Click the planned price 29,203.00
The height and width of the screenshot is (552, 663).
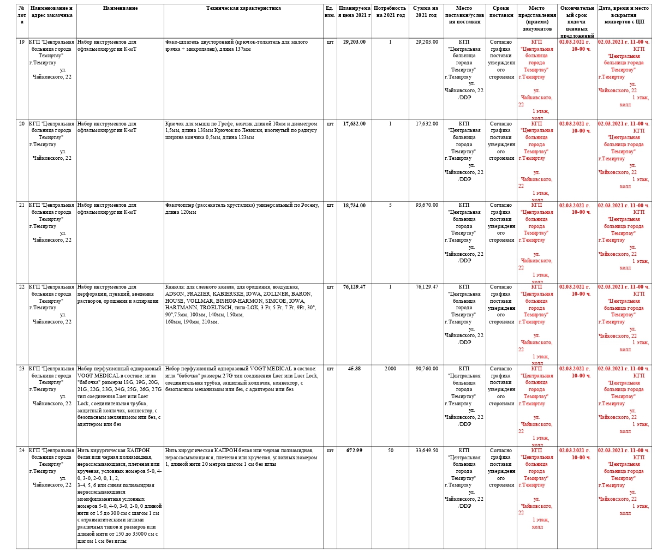coord(354,42)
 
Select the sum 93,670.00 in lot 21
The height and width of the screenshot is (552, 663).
coord(426,206)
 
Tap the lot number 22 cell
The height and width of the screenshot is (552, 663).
coord(21,287)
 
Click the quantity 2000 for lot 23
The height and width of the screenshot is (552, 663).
coord(390,369)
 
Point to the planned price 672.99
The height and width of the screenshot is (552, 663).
coord(354,451)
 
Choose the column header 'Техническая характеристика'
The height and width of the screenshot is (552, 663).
coord(243,9)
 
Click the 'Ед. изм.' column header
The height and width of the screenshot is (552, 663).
coord(330,12)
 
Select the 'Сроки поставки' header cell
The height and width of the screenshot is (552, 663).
coord(501,12)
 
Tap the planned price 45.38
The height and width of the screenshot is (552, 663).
coord(354,369)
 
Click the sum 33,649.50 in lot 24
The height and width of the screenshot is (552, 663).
coord(426,451)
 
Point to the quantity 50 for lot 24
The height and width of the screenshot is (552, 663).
coord(390,451)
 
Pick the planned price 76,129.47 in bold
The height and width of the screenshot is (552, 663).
coord(354,287)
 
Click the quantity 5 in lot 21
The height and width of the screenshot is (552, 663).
coord(390,206)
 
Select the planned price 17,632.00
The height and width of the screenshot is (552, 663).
coord(354,124)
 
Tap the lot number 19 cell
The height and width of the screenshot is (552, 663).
coord(21,42)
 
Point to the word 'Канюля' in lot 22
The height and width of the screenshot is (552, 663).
coord(174,287)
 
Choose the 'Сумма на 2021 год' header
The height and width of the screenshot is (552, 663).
coord(426,12)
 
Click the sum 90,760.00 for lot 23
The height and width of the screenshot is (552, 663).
coord(426,369)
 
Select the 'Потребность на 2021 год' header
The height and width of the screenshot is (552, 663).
coord(390,12)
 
